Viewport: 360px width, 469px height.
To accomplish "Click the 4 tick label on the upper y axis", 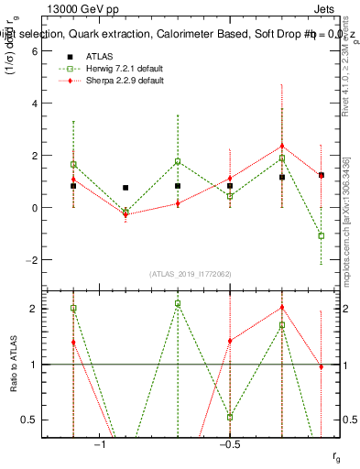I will pyautogui.click(x=32, y=104).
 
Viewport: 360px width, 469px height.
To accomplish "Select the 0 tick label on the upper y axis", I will pyautogui.click(x=32, y=208).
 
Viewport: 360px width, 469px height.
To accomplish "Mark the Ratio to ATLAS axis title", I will pyautogui.click(x=12, y=364).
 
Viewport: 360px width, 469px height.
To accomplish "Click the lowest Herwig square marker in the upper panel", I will pyautogui.click(x=322, y=235).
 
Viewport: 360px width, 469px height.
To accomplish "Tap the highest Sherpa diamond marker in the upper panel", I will pyautogui.click(x=282, y=146).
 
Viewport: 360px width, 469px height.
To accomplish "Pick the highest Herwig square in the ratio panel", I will pyautogui.click(x=178, y=303).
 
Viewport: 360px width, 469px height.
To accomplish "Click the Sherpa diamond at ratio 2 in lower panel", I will pyautogui.click(x=282, y=308).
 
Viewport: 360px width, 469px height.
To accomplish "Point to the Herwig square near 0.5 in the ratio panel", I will pyautogui.click(x=230, y=417).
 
